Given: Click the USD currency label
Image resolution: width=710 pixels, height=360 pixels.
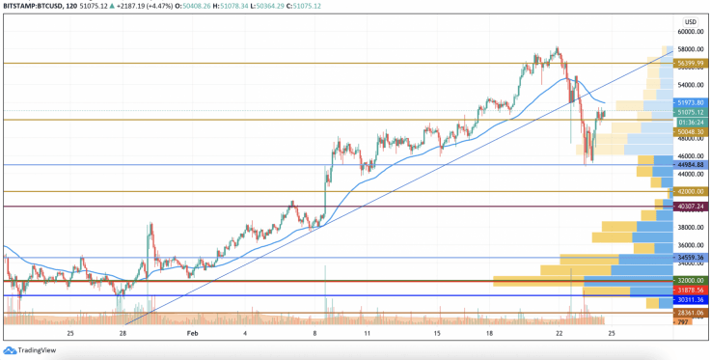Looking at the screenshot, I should (x=690, y=21).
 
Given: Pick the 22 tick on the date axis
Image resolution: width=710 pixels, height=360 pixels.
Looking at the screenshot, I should (x=559, y=332).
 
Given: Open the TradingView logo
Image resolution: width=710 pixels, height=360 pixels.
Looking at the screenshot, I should (x=30, y=350).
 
